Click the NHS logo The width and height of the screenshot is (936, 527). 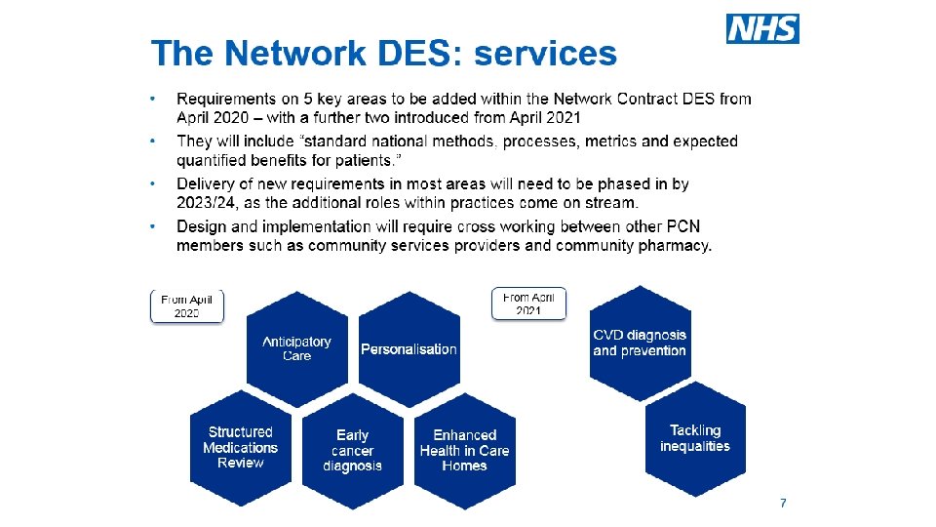(x=762, y=29)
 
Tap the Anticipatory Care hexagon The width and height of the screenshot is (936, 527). (x=296, y=348)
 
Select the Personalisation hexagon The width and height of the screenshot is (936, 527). (x=409, y=348)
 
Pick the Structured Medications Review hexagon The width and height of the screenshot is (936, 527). (x=240, y=447)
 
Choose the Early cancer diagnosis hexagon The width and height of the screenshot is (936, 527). (x=352, y=450)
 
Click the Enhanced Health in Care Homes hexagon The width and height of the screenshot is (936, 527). (x=464, y=450)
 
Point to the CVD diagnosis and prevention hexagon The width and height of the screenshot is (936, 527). (x=640, y=343)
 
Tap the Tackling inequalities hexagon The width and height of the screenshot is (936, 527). (x=695, y=438)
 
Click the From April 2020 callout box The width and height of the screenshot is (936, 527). (x=186, y=305)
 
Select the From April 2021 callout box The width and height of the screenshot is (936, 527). (x=528, y=303)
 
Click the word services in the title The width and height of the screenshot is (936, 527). (x=545, y=53)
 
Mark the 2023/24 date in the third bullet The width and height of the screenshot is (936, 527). (x=206, y=203)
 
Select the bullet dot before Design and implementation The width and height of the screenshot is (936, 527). (x=153, y=226)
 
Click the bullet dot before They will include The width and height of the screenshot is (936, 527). (x=153, y=142)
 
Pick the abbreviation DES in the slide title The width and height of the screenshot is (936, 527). (x=409, y=53)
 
